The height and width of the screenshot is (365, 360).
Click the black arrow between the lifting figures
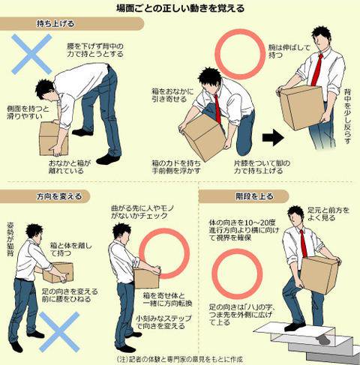click(273, 137)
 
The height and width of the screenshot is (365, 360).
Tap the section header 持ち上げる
click(55, 24)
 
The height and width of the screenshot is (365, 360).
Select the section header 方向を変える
click(59, 196)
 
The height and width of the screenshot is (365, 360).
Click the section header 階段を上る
click(254, 196)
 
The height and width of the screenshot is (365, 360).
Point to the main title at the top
click(180, 8)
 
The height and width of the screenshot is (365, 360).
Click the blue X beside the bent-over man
click(31, 54)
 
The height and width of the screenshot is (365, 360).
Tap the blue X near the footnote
click(59, 332)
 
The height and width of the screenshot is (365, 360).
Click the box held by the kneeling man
click(203, 138)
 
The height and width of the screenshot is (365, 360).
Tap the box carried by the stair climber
click(319, 274)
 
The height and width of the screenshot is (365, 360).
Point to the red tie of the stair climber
click(304, 244)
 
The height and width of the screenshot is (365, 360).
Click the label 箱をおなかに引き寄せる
click(172, 95)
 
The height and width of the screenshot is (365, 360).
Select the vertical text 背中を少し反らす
click(347, 116)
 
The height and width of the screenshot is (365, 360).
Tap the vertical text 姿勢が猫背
click(11, 239)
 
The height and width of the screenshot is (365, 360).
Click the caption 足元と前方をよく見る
click(328, 214)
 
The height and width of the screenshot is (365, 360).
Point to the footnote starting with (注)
click(180, 360)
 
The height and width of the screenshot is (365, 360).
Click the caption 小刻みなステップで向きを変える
click(163, 322)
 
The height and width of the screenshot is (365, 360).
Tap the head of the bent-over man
click(46, 91)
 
